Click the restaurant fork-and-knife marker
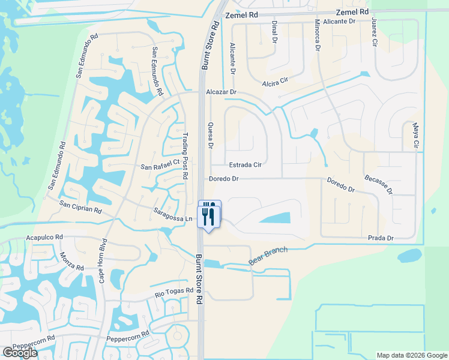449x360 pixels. [x=209, y=214]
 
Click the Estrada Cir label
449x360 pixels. [x=245, y=164]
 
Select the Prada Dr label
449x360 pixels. [x=381, y=238]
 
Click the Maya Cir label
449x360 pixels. [x=415, y=136]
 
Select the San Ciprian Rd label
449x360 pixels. [x=80, y=208]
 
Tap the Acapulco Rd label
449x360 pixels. [x=44, y=238]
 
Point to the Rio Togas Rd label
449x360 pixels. [x=174, y=293]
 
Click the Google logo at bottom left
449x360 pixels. [x=20, y=353]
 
